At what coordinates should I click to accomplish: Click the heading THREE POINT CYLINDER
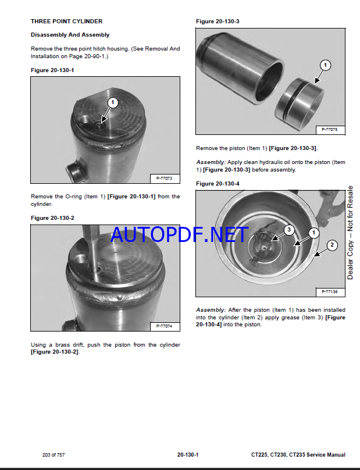pyautogui.click(x=66, y=22)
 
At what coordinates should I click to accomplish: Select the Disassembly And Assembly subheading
pyautogui.click(x=70, y=35)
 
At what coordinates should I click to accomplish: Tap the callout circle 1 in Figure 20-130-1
pyautogui.click(x=113, y=102)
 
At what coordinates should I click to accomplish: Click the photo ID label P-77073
pyautogui.click(x=164, y=179)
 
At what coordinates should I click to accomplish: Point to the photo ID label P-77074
pyautogui.click(x=164, y=326)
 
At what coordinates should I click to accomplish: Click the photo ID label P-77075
pyautogui.click(x=330, y=130)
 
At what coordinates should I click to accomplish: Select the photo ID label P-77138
pyautogui.click(x=330, y=291)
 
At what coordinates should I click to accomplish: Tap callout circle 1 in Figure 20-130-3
pyautogui.click(x=325, y=65)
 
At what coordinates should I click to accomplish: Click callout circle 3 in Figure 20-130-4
pyautogui.click(x=289, y=230)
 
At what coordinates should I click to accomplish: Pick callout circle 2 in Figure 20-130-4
pyautogui.click(x=332, y=245)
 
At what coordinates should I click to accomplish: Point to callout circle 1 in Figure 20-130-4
pyautogui.click(x=314, y=233)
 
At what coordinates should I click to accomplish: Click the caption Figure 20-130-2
pyautogui.click(x=52, y=218)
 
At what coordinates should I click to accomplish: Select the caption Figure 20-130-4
pyautogui.click(x=218, y=183)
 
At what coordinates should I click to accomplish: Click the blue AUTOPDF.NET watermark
pyautogui.click(x=180, y=234)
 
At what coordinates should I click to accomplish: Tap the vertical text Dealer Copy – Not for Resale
pyautogui.click(x=350, y=233)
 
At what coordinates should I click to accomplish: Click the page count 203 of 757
pyautogui.click(x=54, y=455)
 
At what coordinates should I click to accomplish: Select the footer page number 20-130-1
pyautogui.click(x=188, y=455)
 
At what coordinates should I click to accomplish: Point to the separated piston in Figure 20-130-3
pyautogui.click(x=300, y=104)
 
